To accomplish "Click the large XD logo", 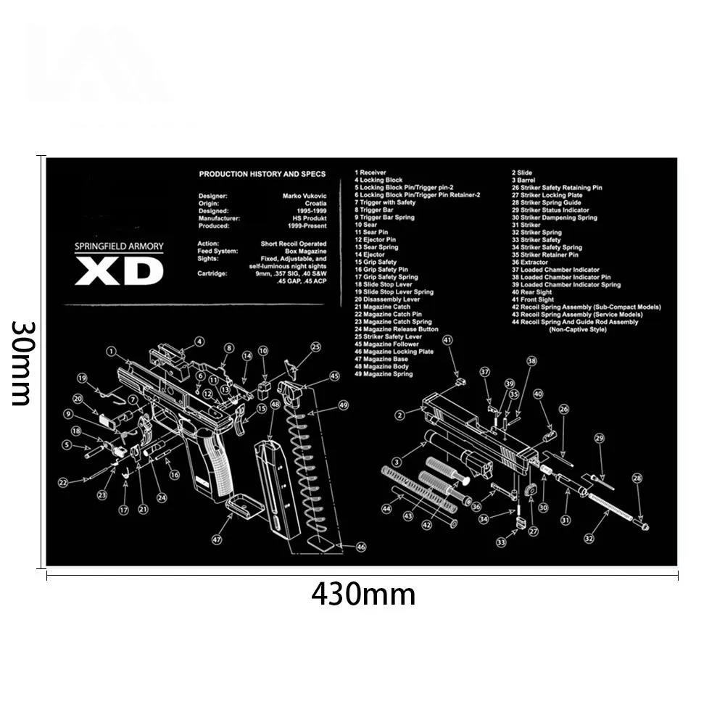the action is pos(120,272).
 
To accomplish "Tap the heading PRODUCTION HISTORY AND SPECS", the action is pos(262,174).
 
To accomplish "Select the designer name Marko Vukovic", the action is pos(304,196).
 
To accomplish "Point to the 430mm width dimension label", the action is pos(363,594).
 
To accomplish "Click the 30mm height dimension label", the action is pos(22,362).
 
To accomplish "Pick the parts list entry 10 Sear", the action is pos(366,225).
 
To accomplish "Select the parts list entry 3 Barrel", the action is pos(525,181).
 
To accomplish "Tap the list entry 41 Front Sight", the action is pos(533,299).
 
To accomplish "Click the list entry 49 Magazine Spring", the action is pos(384,374).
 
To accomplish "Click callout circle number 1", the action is pos(111,352).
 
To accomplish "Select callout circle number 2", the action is pos(399,415).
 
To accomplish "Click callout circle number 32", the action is pos(589,538).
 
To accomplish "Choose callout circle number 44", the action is pos(386,510).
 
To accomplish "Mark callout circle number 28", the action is pos(637,478).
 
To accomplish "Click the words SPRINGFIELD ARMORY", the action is pos(120,246).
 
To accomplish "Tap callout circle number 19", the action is pos(83,378).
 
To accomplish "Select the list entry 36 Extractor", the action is pos(530,262).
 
